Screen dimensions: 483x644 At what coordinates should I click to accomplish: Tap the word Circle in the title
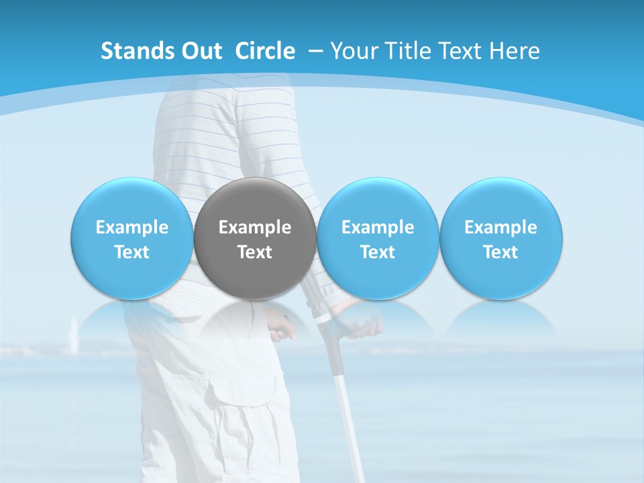[265, 51]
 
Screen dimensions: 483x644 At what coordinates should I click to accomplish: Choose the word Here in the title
[515, 51]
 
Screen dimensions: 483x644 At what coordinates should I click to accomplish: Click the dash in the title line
[315, 51]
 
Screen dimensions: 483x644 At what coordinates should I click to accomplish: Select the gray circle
[255, 238]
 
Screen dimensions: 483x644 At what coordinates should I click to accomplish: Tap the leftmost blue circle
[132, 238]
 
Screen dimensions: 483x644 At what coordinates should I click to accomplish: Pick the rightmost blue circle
[501, 238]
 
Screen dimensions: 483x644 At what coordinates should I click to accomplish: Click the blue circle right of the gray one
[378, 238]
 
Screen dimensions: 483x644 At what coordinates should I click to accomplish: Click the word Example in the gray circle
[255, 227]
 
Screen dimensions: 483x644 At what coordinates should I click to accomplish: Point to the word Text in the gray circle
[255, 252]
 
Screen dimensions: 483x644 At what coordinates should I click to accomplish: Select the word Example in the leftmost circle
[132, 227]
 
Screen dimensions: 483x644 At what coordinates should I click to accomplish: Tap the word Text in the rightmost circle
[501, 252]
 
